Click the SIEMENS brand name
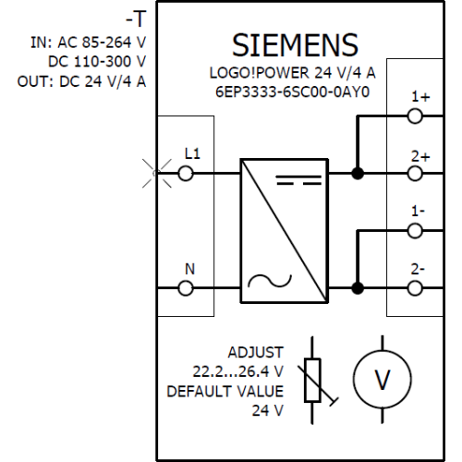tap(295, 45)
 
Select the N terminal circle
tap(186, 288)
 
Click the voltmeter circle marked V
tap(353, 379)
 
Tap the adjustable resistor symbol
tap(312, 381)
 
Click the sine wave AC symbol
tap(270, 281)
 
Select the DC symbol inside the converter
tap(298, 180)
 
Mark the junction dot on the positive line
tap(358, 174)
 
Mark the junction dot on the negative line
tap(358, 288)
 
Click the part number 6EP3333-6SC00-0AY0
tap(292, 91)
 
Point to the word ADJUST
tap(255, 352)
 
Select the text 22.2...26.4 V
tap(237, 371)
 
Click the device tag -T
tap(136, 18)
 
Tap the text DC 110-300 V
tap(97, 62)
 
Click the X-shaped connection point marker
tap(157, 174)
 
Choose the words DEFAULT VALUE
tap(225, 392)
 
